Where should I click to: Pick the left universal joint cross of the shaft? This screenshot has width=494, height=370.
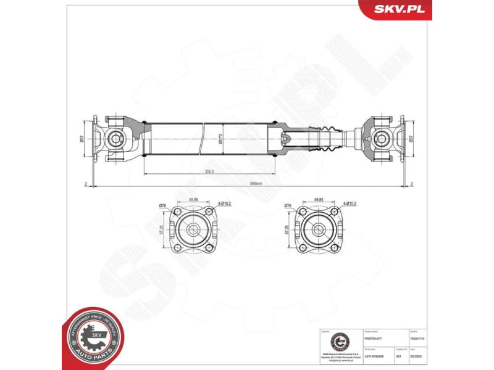click(115, 139)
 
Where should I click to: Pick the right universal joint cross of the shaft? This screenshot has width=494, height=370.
click(380, 139)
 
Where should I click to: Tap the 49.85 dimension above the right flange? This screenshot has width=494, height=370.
click(319, 200)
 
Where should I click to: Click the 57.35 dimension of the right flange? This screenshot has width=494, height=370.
click(287, 230)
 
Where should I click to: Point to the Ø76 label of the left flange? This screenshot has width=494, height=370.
click(162, 205)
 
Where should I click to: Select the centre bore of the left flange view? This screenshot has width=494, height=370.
click(193, 231)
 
